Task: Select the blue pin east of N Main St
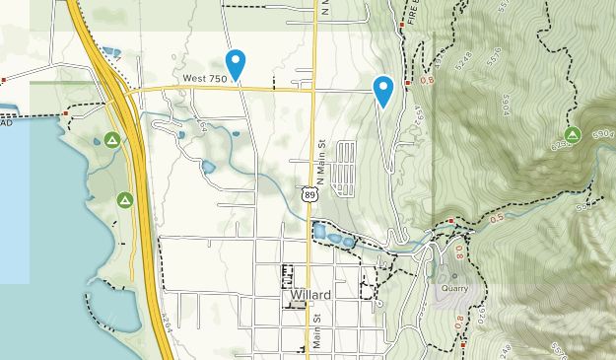tap(383, 91)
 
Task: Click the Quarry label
tap(454, 290)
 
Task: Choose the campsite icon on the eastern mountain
tap(572, 134)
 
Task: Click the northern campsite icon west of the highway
tap(113, 140)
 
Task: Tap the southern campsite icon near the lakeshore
tap(124, 200)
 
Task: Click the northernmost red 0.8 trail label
tap(428, 79)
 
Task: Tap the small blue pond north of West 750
tap(111, 52)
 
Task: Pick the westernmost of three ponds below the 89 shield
tap(319, 232)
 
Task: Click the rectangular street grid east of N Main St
tap(346, 166)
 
